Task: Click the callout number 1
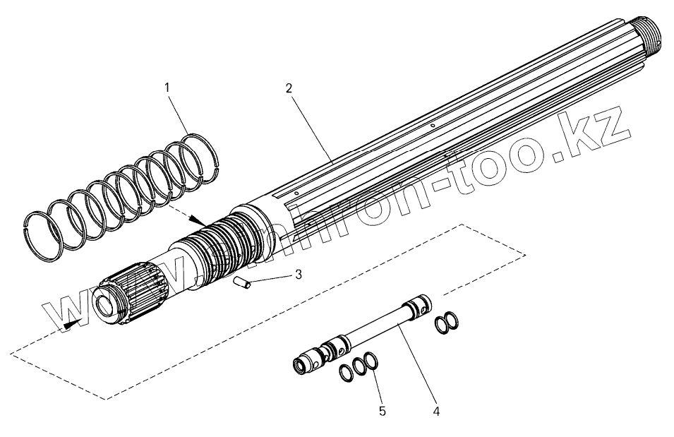click(x=167, y=88)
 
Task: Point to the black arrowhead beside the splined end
click(x=69, y=325)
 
